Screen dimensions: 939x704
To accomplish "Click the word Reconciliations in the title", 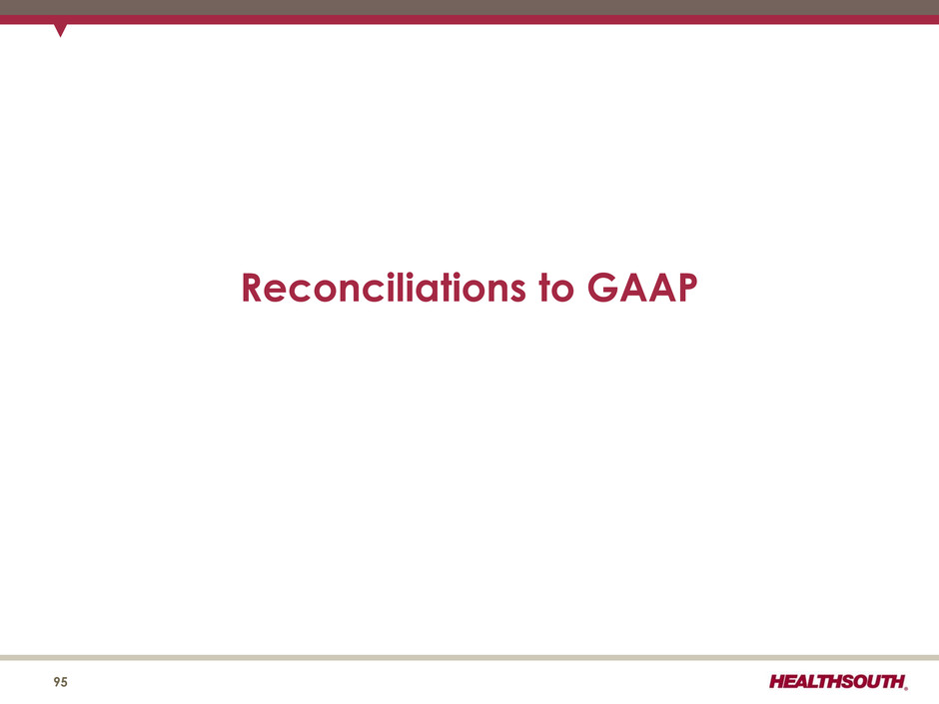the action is click(x=384, y=287).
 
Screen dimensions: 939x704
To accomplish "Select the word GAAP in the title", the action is click(x=642, y=288).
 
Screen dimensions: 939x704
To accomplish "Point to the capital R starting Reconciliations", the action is click(x=253, y=288).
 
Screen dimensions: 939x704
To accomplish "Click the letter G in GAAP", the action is click(x=601, y=288).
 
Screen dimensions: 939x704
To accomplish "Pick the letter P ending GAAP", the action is click(x=687, y=288).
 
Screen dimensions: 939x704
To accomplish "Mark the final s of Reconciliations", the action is click(x=516, y=292).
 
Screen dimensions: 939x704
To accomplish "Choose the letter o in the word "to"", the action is click(x=563, y=292).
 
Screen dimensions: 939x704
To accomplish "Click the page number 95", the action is click(x=61, y=682).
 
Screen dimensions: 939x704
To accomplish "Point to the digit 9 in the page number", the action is click(x=57, y=682).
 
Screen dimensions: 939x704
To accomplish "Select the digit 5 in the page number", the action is click(x=65, y=682).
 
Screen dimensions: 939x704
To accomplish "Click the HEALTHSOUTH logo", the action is click(x=838, y=681).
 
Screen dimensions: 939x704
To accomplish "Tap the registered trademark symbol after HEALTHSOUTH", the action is click(x=906, y=688).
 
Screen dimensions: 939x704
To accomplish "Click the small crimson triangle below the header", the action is click(x=60, y=29).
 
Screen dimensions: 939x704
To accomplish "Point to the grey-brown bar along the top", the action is click(x=469, y=7).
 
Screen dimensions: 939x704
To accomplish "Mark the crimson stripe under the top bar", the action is click(x=469, y=20).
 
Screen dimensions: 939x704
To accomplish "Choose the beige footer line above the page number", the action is click(x=469, y=657).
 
